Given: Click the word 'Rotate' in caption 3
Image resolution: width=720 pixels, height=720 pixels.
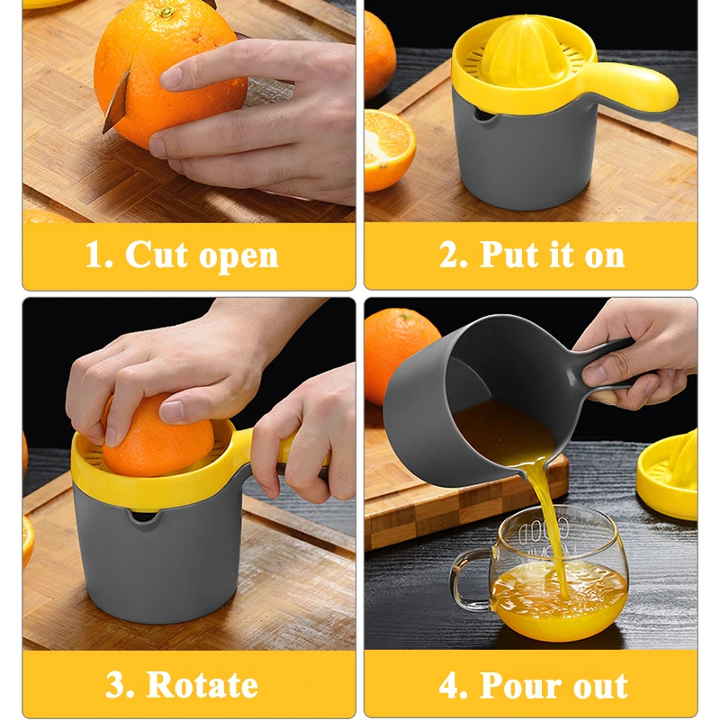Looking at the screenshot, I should tap(202, 685).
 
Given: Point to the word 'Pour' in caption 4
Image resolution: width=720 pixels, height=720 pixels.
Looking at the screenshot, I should tap(522, 685).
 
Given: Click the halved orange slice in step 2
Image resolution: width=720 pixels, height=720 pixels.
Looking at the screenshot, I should tap(388, 149).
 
